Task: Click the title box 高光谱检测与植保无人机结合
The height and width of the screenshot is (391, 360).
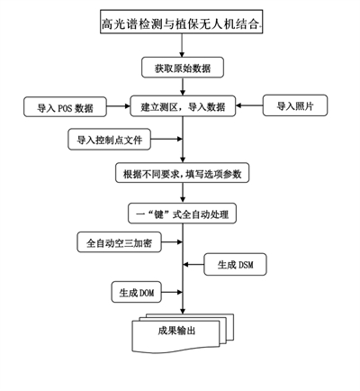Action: pyautogui.click(x=181, y=22)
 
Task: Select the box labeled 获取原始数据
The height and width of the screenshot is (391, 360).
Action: pyautogui.click(x=183, y=68)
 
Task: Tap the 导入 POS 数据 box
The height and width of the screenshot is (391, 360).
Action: pyautogui.click(x=65, y=106)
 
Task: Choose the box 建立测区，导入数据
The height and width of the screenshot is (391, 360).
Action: pyautogui.click(x=183, y=106)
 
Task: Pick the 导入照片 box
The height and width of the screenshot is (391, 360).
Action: pyautogui.click(x=295, y=105)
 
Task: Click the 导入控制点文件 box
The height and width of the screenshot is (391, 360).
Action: pyautogui.click(x=109, y=140)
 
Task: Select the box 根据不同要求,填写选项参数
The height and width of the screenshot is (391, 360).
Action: pyautogui.click(x=183, y=173)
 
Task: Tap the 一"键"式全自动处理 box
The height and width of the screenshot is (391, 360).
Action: pyautogui.click(x=183, y=214)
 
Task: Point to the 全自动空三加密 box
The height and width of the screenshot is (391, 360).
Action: pyautogui.click(x=120, y=242)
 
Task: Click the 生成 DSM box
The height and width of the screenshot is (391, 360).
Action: pyautogui.click(x=235, y=265)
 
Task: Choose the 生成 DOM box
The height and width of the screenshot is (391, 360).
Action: pyautogui.click(x=137, y=292)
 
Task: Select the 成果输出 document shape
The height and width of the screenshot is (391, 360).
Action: pyautogui.click(x=183, y=332)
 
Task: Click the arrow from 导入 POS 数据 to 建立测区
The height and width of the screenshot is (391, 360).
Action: pyautogui.click(x=118, y=106)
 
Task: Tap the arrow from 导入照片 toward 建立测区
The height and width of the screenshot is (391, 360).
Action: pyautogui.click(x=249, y=105)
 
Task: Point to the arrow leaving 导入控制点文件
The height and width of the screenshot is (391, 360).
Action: pyautogui.click(x=166, y=139)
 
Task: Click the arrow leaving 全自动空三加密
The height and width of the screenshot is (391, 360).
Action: pyautogui.click(x=172, y=241)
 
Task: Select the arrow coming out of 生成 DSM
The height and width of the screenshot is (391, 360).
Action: pyautogui.click(x=193, y=265)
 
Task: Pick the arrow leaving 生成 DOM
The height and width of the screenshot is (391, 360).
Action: pyautogui.click(x=172, y=292)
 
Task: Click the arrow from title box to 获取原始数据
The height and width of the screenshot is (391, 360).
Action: pyautogui.click(x=182, y=45)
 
